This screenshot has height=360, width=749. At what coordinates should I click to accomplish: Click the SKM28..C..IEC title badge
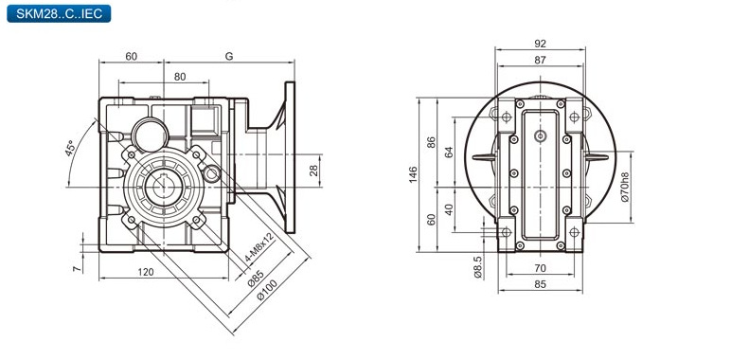59,13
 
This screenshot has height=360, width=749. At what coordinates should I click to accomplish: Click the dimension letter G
229,56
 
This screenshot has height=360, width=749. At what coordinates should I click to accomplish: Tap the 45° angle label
71,148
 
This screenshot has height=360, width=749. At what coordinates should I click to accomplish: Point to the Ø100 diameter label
267,290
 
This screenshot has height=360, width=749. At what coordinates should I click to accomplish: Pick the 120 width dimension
146,272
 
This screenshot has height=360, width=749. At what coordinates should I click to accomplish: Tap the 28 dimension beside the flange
313,171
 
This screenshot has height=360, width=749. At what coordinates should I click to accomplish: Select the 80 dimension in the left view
180,77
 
